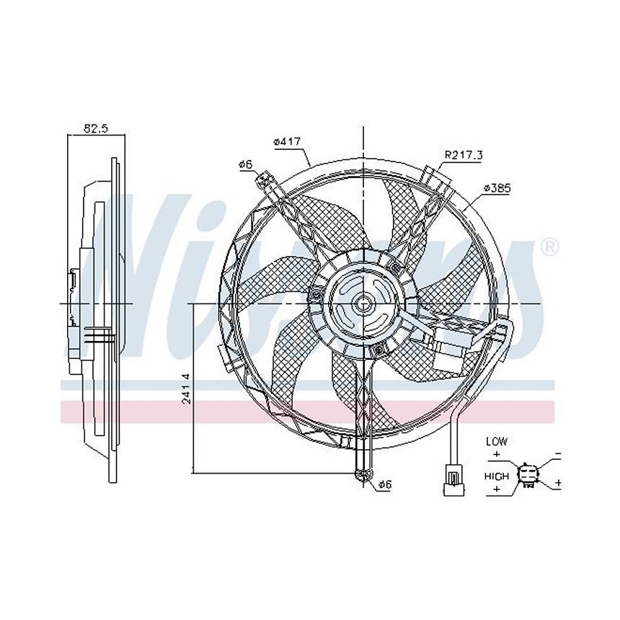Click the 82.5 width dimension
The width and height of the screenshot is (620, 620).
tap(95, 128)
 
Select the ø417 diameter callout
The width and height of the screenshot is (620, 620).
tap(286, 142)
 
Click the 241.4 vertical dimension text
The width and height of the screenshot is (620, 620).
tap(186, 388)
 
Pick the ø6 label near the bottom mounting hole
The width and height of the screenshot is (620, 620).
tap(384, 484)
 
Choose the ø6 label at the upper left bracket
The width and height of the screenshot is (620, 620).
tap(245, 165)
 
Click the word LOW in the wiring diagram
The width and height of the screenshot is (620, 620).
tap(497, 440)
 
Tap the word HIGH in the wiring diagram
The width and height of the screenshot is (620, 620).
tap(497, 476)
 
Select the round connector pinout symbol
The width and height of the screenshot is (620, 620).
tap(529, 474)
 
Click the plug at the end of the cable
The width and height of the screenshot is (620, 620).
tap(453, 480)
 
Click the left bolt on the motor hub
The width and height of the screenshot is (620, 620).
tap(316, 294)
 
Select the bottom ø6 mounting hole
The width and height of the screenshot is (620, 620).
tap(363, 474)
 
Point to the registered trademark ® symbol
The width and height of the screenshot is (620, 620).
tap(549, 247)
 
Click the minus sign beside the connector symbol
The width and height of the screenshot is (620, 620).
tap(557, 456)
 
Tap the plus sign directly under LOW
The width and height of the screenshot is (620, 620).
tap(497, 454)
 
